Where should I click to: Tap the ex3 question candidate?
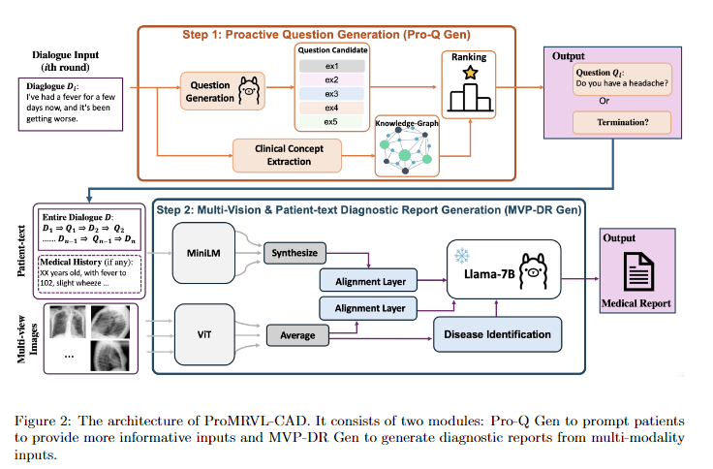coord(331,93)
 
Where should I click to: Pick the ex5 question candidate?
coord(331,122)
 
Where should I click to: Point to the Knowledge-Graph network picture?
coord(410,148)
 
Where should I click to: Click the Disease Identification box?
coord(497,335)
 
